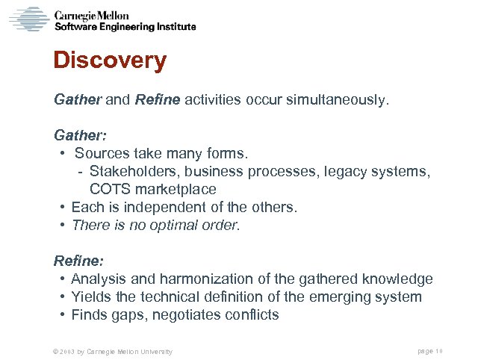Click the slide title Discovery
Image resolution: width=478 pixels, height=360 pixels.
[x=110, y=60]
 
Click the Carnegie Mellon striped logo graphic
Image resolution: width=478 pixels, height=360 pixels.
[x=29, y=19]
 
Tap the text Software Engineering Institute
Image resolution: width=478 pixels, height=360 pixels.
[x=125, y=27]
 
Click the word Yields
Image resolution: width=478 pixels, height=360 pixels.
[x=90, y=297]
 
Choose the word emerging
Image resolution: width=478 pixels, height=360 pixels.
[x=338, y=297]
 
